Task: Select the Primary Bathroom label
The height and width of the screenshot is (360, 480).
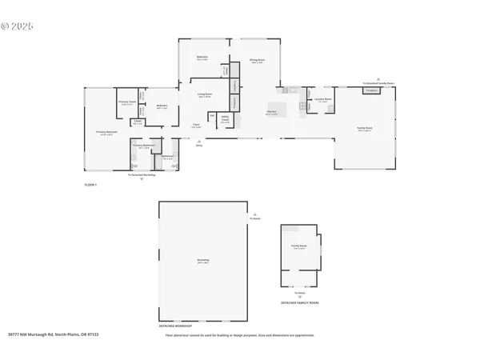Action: tap(145, 148)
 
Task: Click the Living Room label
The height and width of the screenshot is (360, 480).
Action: tap(206, 96)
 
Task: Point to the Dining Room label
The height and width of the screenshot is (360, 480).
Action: tap(257, 61)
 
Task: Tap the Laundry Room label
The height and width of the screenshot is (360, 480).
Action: tap(323, 101)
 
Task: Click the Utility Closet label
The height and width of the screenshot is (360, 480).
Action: tap(226, 121)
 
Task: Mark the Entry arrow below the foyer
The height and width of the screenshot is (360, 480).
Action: tap(199, 141)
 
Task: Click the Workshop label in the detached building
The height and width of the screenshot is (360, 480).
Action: tap(203, 261)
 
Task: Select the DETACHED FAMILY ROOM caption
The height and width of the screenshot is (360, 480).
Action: tap(299, 303)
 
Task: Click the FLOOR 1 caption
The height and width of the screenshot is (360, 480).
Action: tap(90, 185)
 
